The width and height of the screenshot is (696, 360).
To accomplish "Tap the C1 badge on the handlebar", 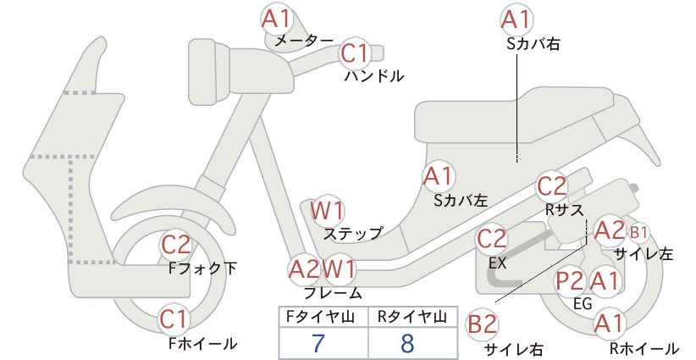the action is (355, 53).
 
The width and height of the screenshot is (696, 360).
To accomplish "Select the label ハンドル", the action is (374, 76).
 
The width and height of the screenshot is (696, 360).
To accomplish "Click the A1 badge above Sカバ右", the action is (516, 19).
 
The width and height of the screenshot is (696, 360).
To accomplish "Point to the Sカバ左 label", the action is (461, 201).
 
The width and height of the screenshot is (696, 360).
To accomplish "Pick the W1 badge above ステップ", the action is (327, 210).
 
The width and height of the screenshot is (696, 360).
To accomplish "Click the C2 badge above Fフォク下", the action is (176, 244).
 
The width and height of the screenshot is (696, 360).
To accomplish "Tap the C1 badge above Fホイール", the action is (175, 319).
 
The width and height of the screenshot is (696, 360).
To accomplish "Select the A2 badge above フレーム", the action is (304, 269).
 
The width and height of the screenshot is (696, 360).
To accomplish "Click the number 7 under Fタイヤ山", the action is (318, 343).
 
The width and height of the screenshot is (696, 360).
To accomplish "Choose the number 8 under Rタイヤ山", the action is (407, 343).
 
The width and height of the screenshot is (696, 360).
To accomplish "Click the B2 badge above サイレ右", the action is (482, 324).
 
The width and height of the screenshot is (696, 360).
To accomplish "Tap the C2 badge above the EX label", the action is (491, 239).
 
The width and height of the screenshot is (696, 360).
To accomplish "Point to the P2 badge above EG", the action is (570, 281).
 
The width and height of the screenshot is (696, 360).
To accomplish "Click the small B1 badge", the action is (638, 232).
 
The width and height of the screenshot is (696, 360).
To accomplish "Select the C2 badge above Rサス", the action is (552, 186).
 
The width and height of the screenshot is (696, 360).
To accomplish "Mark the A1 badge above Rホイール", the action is (609, 324).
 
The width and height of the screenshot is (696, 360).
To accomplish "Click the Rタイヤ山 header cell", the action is (413, 317).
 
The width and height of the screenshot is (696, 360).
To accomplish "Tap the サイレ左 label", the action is (644, 254).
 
